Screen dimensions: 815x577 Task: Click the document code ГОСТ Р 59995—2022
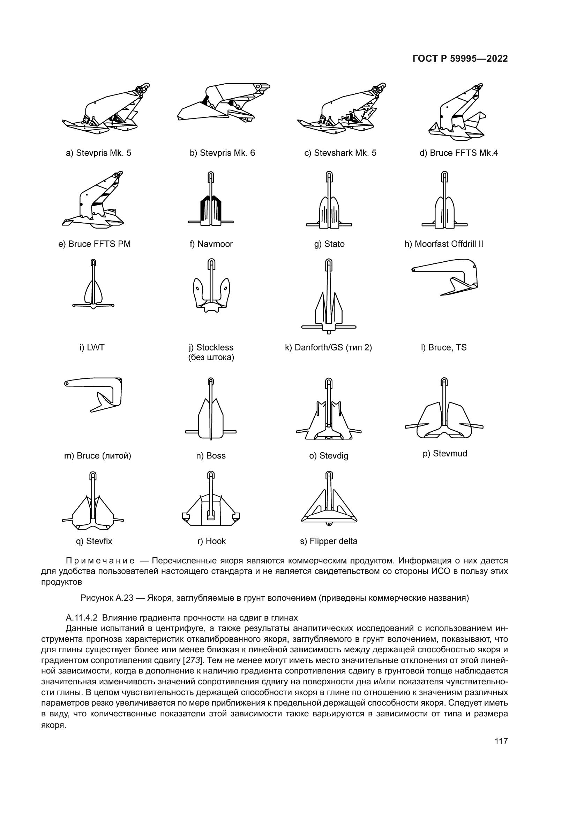coord(460,59)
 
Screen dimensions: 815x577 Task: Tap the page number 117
coord(501,741)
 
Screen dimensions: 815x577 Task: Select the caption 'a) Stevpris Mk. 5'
coord(98,153)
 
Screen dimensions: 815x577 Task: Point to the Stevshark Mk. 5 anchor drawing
coord(341,108)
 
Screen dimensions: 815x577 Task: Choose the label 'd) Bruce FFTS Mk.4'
coord(458,153)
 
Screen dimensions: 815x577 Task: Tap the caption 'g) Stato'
coord(329,244)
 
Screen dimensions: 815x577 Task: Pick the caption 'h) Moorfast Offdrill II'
coord(444,244)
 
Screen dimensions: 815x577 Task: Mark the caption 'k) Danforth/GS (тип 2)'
coord(328,347)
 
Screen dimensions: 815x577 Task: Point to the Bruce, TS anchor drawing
coord(446,277)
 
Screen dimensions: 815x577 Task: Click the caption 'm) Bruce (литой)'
coord(97,455)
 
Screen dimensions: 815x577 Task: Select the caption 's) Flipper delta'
coord(329,541)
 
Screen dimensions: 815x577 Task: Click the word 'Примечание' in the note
coord(100,561)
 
